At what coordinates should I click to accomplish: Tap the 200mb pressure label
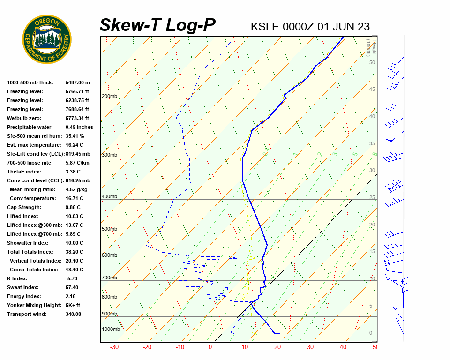click(x=109, y=97)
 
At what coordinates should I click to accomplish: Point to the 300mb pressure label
click(x=109, y=155)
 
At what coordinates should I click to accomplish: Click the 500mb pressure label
click(x=109, y=229)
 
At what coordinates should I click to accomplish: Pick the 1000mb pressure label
click(x=111, y=329)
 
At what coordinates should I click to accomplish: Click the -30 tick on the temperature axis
click(x=114, y=347)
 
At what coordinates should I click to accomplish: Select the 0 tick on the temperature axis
click(x=210, y=347)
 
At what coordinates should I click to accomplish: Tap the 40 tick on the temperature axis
click(x=343, y=347)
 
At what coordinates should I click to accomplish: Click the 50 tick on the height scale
click(x=372, y=62)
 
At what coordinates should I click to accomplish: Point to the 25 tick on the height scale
click(x=372, y=197)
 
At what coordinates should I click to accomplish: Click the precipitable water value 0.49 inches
click(x=79, y=127)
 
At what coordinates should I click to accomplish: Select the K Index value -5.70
click(x=72, y=278)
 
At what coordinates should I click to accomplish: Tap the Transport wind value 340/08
click(x=75, y=314)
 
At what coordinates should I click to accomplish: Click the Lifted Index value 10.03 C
click(x=75, y=216)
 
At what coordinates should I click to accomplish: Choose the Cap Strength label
click(x=24, y=207)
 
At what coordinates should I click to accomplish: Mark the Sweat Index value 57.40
click(x=72, y=287)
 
